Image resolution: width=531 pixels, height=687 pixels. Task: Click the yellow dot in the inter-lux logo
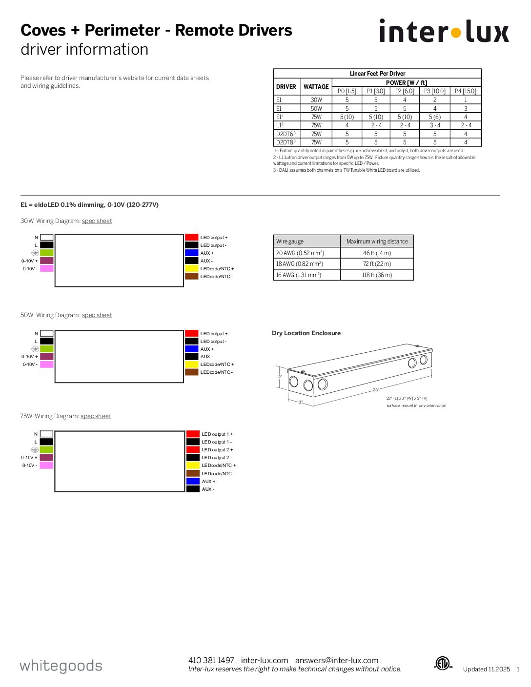(456, 33)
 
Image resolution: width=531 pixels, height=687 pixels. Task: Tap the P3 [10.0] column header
(434, 91)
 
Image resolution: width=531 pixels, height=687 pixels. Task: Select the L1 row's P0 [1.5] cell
(347, 125)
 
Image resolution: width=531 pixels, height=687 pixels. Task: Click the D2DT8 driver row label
(286, 142)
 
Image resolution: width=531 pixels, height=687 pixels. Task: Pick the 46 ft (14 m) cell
(377, 253)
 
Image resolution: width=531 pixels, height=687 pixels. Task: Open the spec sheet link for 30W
(97, 221)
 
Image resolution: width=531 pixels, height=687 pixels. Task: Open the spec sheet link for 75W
(95, 416)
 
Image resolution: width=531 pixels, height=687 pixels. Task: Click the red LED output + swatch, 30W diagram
(191, 238)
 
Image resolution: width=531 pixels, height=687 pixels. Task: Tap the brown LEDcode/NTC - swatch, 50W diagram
(191, 372)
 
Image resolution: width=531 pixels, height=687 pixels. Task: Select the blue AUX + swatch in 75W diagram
(193, 482)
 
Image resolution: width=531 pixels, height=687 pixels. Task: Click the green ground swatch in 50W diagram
(46, 349)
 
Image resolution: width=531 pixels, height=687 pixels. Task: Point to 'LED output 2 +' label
(217, 450)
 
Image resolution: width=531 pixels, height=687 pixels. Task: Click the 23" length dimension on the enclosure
(376, 390)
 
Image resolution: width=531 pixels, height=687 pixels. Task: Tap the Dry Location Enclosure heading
(306, 333)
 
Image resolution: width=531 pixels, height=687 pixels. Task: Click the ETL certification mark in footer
(443, 664)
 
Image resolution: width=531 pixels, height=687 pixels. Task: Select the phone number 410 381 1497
(211, 660)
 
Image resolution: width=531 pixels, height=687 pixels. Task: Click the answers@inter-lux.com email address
(337, 660)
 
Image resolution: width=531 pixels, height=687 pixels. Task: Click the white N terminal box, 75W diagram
(46, 434)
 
